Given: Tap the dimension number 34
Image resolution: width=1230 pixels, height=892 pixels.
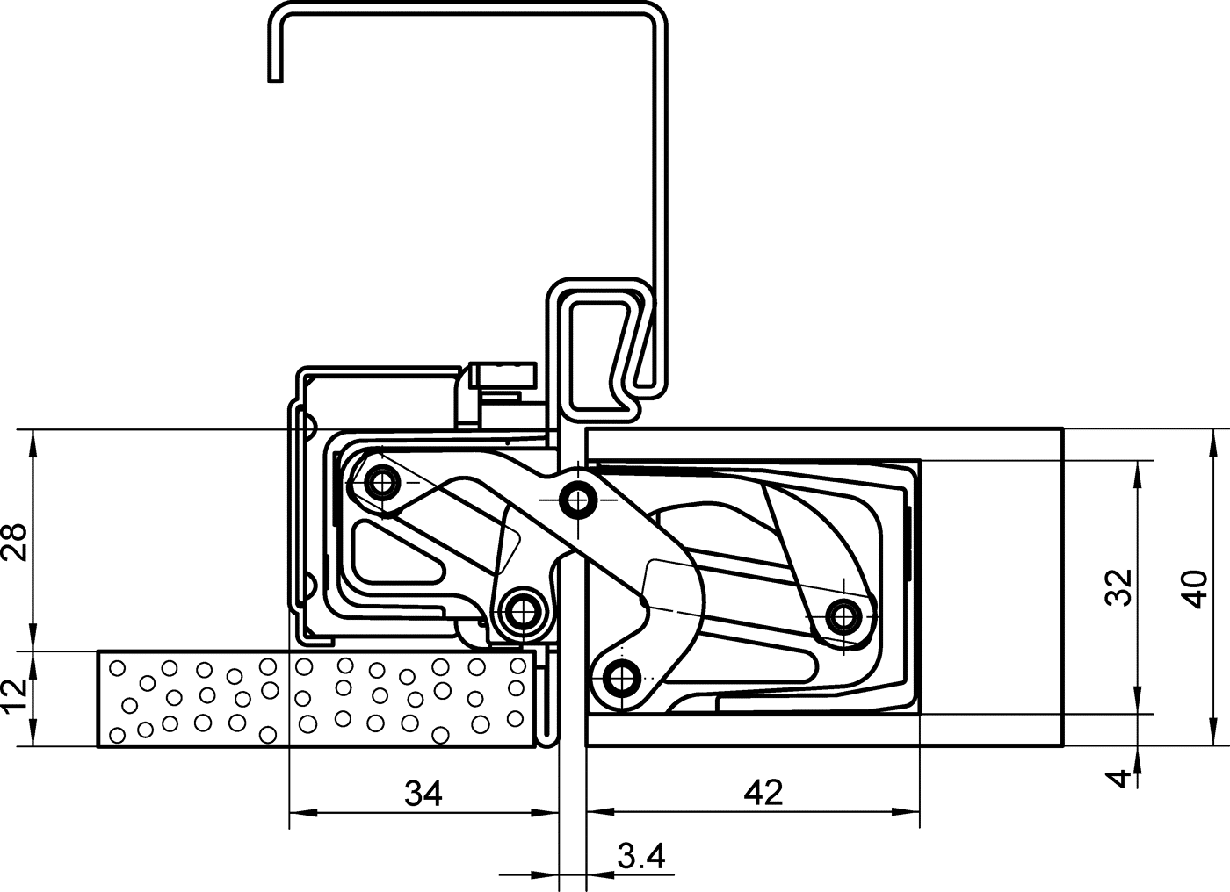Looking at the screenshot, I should click(423, 794).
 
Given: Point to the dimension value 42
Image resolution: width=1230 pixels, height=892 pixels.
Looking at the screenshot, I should click(763, 793).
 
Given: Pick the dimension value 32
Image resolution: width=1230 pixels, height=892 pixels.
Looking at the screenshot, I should click(1118, 587).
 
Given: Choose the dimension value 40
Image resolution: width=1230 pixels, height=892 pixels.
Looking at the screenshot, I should click(1195, 588).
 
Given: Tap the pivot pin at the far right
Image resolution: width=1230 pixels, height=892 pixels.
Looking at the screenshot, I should click(845, 616).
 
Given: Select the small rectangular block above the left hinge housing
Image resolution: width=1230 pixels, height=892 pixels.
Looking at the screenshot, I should click(503, 375).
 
